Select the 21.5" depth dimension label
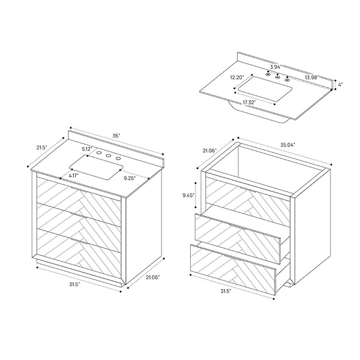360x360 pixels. [x=41, y=147]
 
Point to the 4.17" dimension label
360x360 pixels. [x=74, y=176]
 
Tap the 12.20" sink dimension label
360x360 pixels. [x=236, y=77]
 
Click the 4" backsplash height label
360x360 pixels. [x=340, y=85]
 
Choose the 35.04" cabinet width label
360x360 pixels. [x=288, y=145]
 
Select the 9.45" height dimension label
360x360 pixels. [x=188, y=194]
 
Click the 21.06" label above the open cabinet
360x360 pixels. [x=209, y=150]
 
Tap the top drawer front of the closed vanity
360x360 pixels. [x=79, y=193]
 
